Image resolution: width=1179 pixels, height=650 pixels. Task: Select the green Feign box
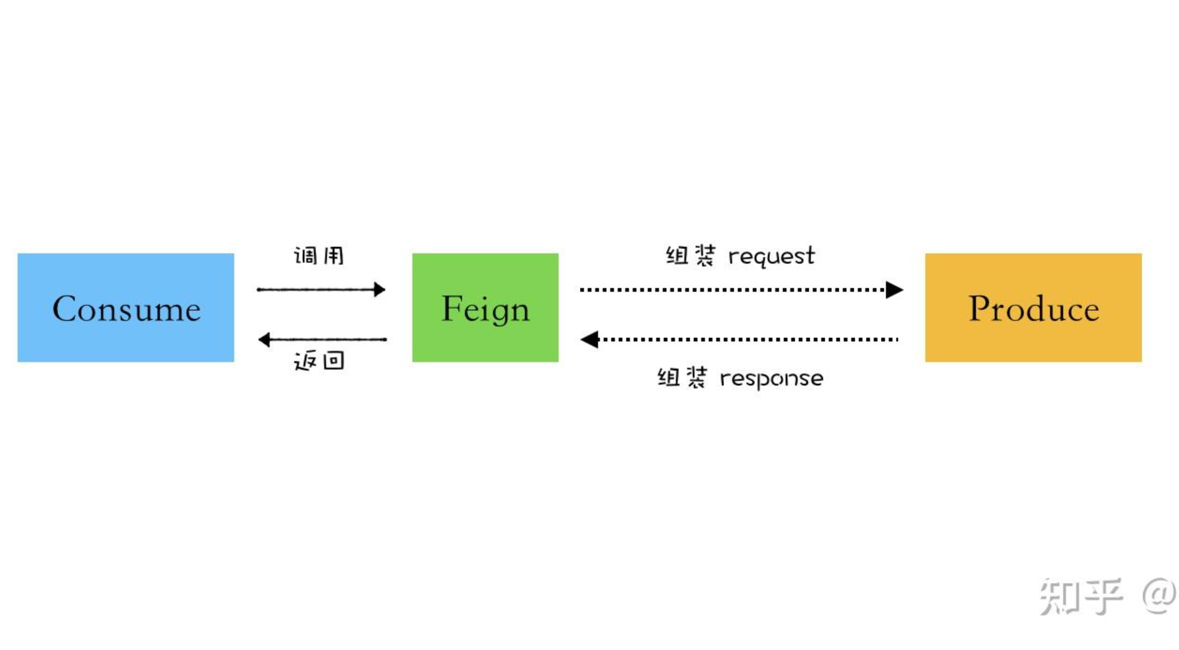(x=485, y=339)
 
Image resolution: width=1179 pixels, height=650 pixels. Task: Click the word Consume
(x=126, y=309)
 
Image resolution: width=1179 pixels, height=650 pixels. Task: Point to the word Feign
(x=486, y=309)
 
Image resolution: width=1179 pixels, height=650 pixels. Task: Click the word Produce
(x=1034, y=309)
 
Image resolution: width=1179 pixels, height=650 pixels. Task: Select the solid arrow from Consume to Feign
(x=320, y=289)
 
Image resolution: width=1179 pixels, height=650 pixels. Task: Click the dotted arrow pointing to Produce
(x=737, y=290)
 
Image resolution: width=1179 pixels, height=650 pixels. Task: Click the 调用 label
(x=319, y=255)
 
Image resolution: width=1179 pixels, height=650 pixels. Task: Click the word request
(x=771, y=256)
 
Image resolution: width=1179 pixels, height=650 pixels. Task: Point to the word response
(x=771, y=379)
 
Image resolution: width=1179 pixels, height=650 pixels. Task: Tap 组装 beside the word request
(x=691, y=255)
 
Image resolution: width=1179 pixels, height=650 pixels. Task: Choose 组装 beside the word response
(x=682, y=378)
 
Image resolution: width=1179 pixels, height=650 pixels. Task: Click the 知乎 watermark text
(x=1081, y=596)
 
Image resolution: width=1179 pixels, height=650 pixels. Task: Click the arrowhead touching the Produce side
(x=894, y=290)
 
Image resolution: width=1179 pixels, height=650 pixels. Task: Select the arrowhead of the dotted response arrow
(x=590, y=339)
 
